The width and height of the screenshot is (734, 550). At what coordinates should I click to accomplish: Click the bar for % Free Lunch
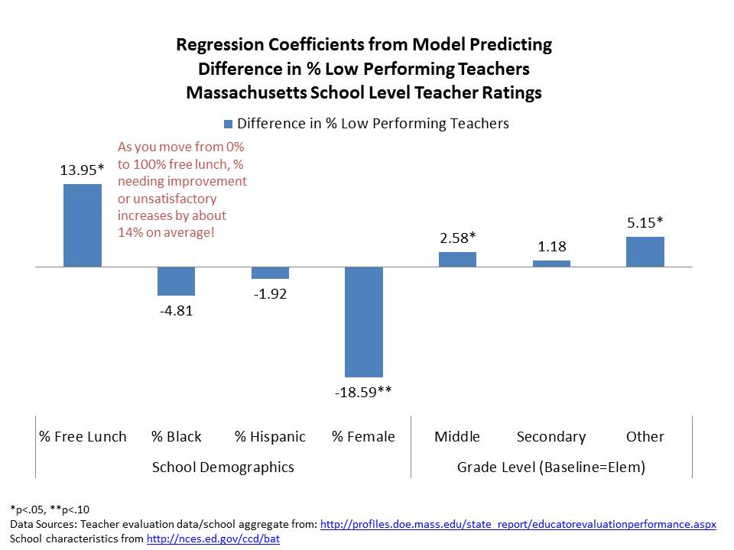(x=82, y=225)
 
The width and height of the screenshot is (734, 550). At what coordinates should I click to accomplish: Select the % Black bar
(x=176, y=281)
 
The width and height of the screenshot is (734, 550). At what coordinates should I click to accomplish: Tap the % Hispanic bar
(x=270, y=273)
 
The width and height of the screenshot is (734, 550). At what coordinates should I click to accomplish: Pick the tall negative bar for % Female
(x=363, y=322)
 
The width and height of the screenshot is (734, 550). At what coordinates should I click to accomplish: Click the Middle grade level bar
(x=457, y=259)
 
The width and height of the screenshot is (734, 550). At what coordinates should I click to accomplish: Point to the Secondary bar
(x=551, y=264)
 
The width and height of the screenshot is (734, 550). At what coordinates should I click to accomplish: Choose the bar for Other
(x=645, y=251)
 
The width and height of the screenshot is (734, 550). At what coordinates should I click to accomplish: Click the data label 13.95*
(x=82, y=170)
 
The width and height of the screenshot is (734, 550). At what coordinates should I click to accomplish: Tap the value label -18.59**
(x=363, y=393)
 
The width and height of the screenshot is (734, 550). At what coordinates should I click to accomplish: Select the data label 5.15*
(x=645, y=223)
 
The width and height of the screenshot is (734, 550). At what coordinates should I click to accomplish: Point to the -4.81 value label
(x=176, y=311)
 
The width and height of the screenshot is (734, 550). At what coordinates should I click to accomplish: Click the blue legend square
(x=228, y=124)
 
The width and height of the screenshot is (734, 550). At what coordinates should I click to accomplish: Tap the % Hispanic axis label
(x=270, y=437)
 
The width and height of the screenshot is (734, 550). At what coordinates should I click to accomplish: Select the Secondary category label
(x=550, y=437)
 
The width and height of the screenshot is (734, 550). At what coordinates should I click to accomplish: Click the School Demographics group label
(x=222, y=467)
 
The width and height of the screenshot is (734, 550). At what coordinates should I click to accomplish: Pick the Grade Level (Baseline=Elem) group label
(x=550, y=467)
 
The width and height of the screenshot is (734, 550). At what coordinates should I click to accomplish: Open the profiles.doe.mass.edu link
(x=518, y=525)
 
